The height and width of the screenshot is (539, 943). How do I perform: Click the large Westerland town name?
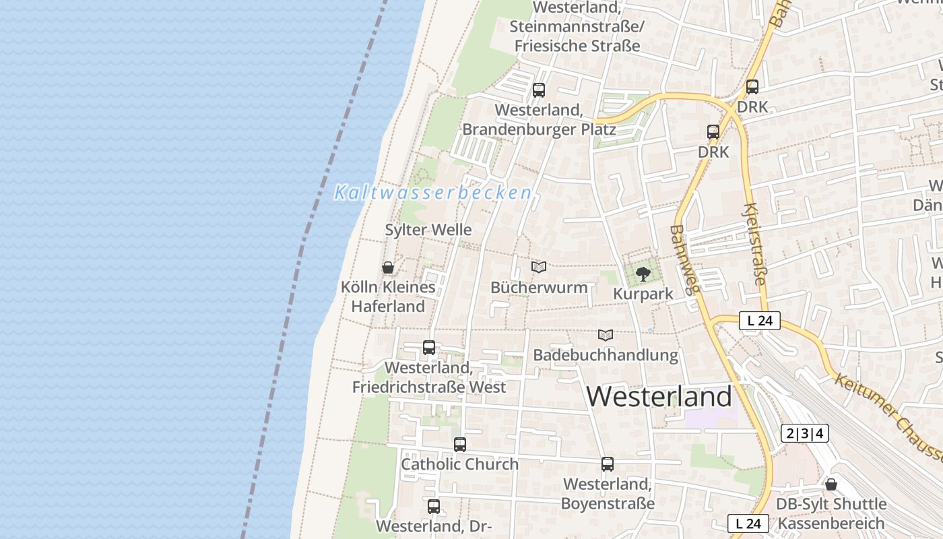coord(659,397)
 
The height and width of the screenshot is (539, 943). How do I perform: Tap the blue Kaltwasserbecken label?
coord(433,193)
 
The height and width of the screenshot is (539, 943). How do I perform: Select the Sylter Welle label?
coord(428,230)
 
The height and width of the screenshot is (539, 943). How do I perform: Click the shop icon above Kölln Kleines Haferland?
coord(388,267)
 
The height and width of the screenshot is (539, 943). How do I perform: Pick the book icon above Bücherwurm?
coord(538,267)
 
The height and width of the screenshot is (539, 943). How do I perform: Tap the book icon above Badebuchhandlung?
coord(606,335)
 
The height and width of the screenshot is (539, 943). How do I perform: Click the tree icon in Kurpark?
coord(643,274)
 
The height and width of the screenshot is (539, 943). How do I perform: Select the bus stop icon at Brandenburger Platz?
coord(538,90)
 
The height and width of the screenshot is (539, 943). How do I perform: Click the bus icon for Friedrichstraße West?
coord(428,348)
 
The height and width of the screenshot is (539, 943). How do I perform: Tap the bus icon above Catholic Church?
coord(459,445)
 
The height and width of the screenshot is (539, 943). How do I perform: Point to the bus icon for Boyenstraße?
coord(607,464)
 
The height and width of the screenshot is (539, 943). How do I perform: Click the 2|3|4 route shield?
coord(805,433)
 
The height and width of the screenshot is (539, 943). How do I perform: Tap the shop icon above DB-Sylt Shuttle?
coord(831,484)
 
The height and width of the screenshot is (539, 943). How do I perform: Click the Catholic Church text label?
coord(459,464)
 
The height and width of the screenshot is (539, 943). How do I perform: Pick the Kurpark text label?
coord(643,294)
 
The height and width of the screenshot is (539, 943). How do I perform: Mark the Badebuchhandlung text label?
coord(606,355)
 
